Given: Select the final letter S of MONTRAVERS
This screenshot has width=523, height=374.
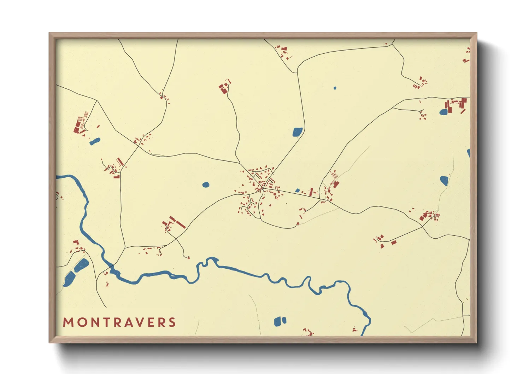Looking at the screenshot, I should (172, 322).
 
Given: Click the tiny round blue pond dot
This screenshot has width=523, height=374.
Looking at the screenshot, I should (335, 88).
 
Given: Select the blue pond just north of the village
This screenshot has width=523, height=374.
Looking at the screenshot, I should (298, 132).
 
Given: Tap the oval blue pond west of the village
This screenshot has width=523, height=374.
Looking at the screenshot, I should (206, 185).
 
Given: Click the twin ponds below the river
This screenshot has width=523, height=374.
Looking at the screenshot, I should (280, 321).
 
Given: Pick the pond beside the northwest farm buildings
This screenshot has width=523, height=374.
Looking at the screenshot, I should (95, 141).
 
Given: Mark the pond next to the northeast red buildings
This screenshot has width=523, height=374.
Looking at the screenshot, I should (443, 112).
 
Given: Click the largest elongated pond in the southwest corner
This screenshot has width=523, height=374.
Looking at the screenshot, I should (69, 279).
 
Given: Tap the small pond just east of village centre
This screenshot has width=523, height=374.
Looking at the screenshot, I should (298, 191).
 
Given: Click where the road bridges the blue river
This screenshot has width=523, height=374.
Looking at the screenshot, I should (112, 268).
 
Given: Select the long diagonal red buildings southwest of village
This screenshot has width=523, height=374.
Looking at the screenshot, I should (177, 222).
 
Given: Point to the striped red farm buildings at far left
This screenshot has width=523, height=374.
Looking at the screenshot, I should (80, 123).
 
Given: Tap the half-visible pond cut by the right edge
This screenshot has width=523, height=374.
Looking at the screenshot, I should (469, 153).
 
